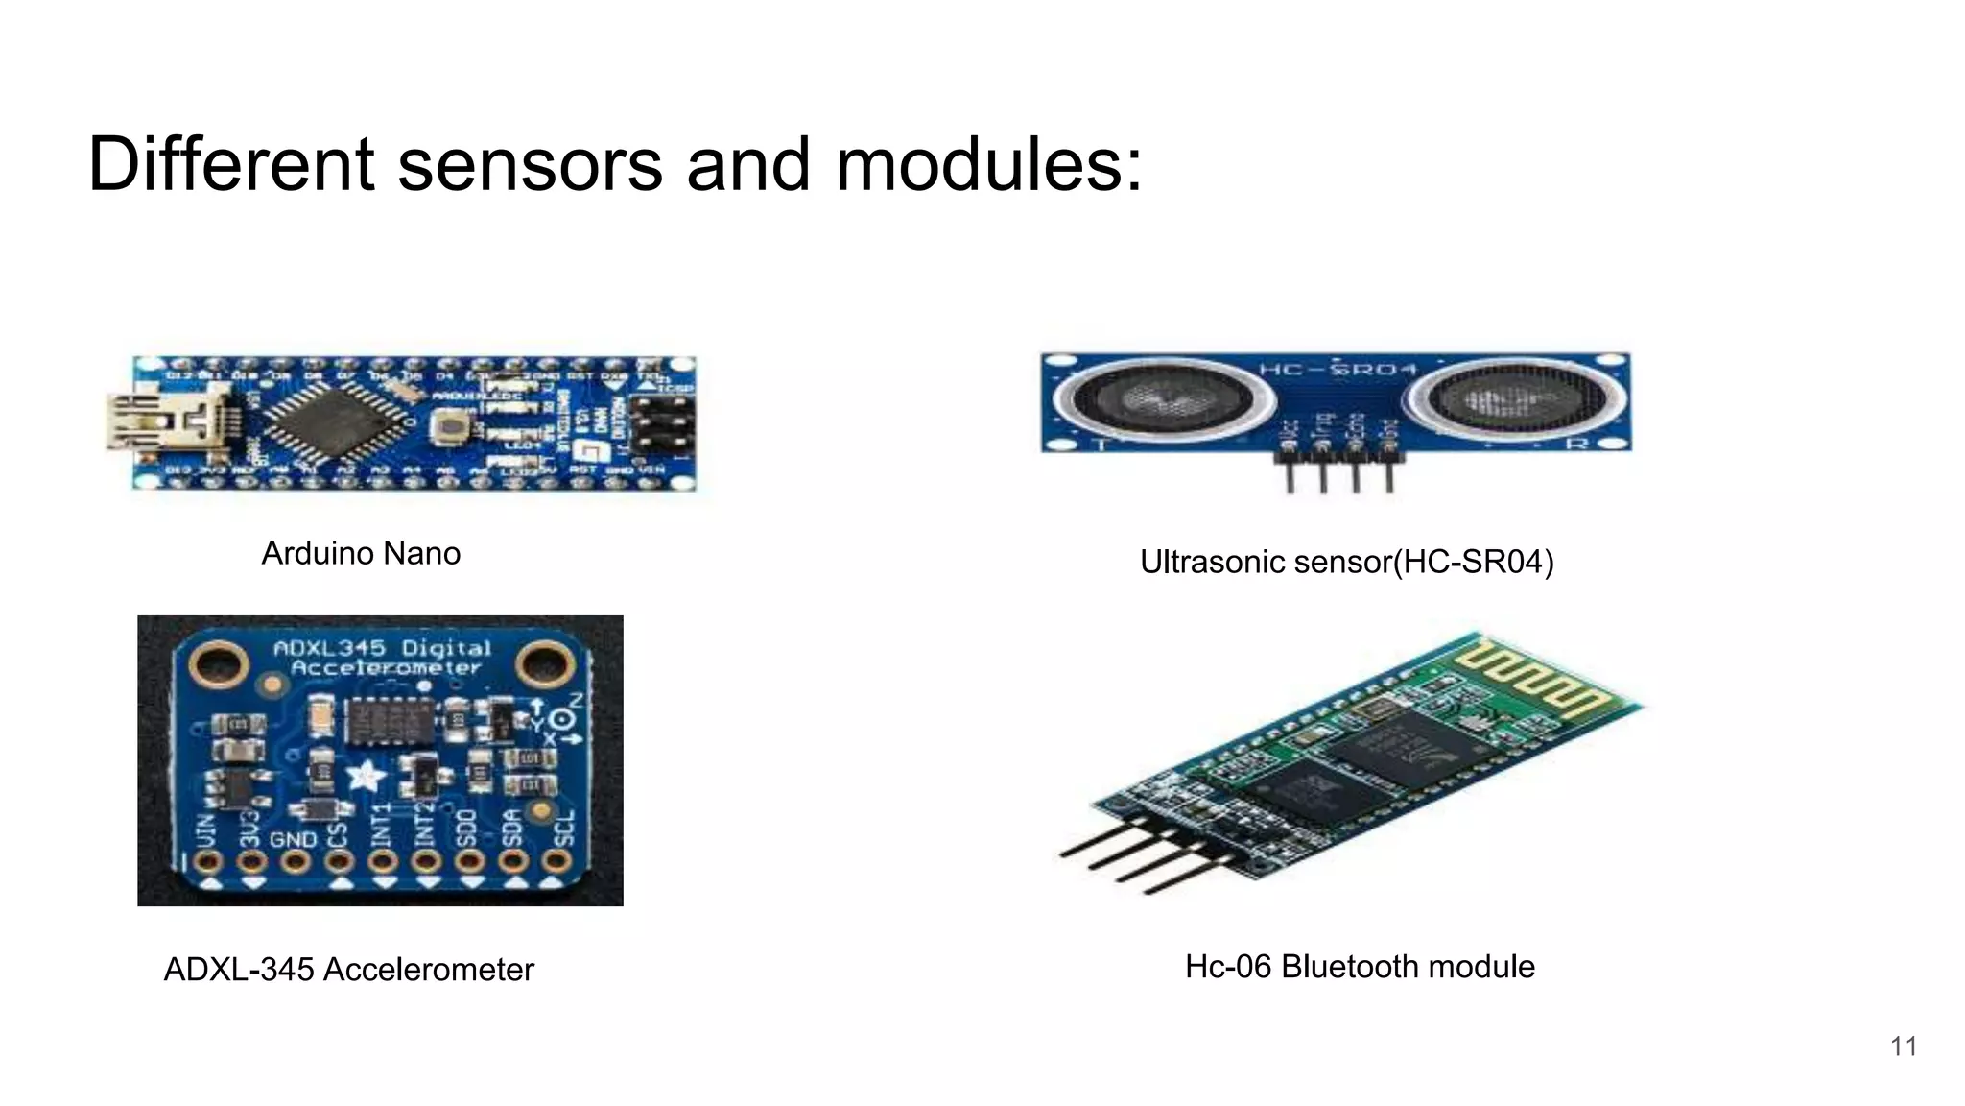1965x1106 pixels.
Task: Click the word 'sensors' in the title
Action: pos(530,164)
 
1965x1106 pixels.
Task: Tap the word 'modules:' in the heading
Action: pos(989,164)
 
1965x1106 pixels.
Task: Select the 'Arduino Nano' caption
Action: pos(361,554)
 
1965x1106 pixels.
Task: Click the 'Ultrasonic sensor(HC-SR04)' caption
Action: pos(1346,562)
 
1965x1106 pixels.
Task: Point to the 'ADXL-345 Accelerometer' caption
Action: pos(348,970)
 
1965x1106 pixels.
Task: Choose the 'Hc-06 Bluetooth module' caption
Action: pos(1360,967)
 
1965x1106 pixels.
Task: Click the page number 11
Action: pos(1904,1046)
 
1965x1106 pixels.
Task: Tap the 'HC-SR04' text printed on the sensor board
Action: pos(1338,370)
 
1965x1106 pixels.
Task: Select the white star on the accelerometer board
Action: pos(365,776)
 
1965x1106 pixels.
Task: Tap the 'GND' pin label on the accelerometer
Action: pos(293,839)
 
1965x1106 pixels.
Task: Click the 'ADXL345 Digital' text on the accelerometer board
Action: pos(382,648)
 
